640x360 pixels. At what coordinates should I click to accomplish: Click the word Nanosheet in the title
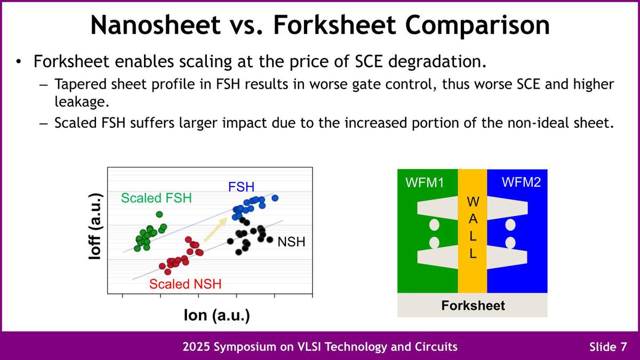[x=156, y=25]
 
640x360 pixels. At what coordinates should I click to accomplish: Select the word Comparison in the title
[x=477, y=26]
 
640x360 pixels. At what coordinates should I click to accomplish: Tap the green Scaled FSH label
[x=156, y=198]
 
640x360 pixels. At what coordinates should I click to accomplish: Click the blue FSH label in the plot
[x=241, y=187]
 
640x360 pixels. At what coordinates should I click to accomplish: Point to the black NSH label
[x=291, y=242]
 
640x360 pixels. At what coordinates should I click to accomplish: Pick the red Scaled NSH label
[x=185, y=284]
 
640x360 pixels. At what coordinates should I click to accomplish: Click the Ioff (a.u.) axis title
[x=95, y=227]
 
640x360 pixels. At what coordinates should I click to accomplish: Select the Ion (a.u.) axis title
[x=217, y=315]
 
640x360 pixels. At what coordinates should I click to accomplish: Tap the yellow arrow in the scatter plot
[x=215, y=230]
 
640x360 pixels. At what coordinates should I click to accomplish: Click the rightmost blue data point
[x=275, y=198]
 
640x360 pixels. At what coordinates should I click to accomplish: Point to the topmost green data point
[x=159, y=214]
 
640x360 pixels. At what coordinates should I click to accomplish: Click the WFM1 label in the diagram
[x=425, y=182]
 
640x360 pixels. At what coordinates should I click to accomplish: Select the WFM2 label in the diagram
[x=521, y=182]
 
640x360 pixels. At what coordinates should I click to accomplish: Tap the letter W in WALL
[x=473, y=202]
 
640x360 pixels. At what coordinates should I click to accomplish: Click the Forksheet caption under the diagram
[x=473, y=306]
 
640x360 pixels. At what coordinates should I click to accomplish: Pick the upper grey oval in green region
[x=434, y=225]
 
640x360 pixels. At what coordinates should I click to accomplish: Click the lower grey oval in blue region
[x=510, y=243]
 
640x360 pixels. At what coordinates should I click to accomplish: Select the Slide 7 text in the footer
[x=608, y=347]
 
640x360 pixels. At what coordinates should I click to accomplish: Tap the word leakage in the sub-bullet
[x=82, y=102]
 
